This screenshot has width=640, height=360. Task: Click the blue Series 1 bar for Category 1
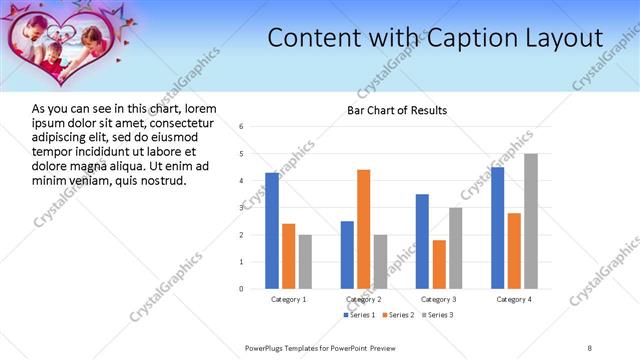(272, 230)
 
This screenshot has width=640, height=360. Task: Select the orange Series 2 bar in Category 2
(363, 229)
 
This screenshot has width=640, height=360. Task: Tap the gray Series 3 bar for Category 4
(531, 221)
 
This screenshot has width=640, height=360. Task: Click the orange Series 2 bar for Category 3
(439, 264)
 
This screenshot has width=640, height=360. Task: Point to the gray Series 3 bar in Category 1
(305, 261)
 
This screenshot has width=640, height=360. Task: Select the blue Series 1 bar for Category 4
(498, 228)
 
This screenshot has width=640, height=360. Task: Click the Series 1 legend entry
(361, 315)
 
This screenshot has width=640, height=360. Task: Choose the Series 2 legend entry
(398, 315)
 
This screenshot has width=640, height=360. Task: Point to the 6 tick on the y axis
(241, 127)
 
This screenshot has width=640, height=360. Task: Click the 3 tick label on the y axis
(241, 208)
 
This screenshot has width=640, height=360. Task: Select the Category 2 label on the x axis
(363, 299)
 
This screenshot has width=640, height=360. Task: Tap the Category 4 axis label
(514, 299)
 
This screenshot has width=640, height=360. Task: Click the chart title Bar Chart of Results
(397, 110)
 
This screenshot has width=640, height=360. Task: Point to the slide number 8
(590, 348)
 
